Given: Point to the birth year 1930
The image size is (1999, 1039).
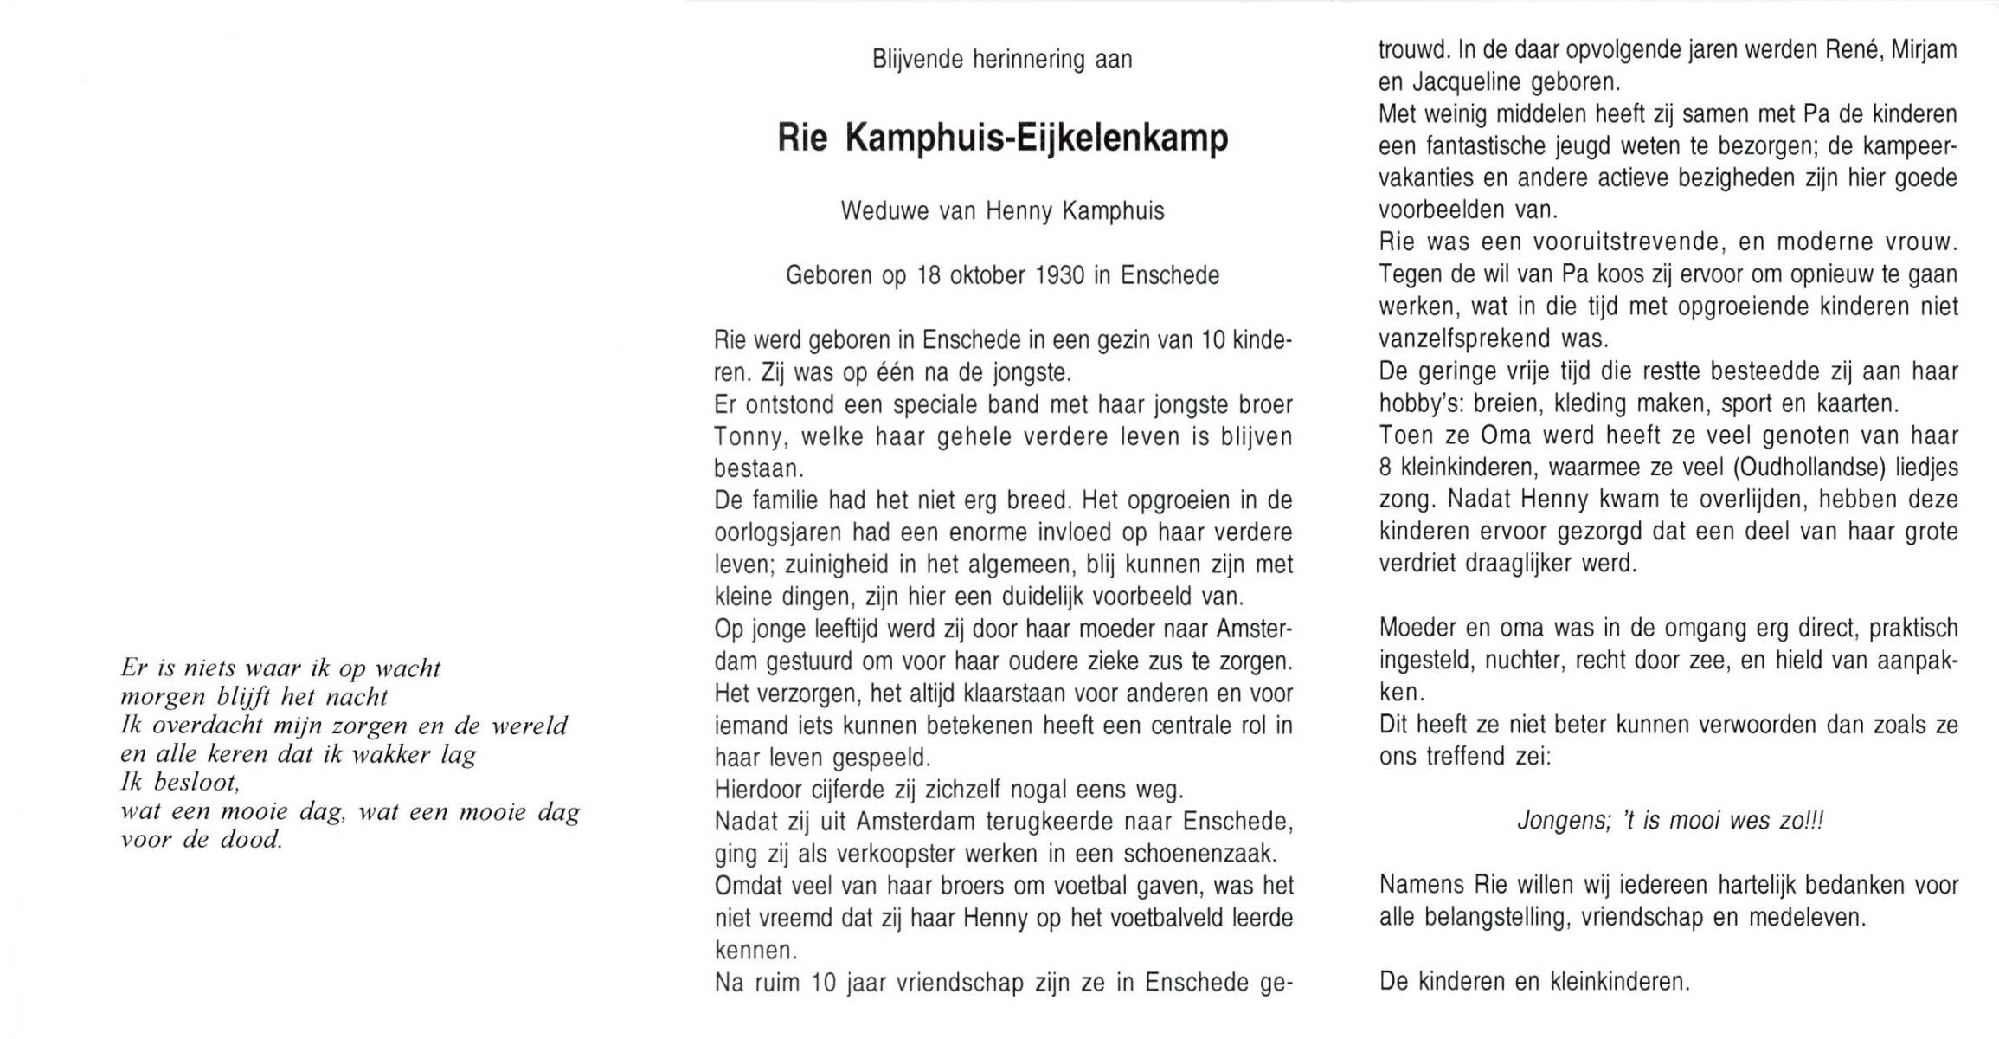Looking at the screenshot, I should [1060, 276].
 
